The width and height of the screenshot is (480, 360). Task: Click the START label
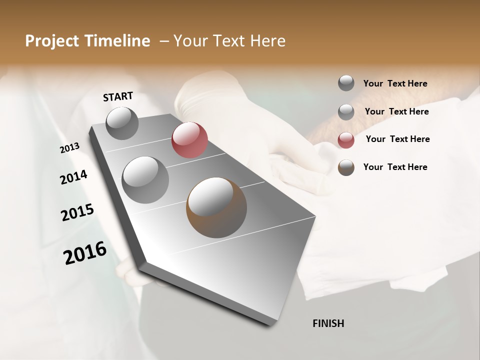(118, 96)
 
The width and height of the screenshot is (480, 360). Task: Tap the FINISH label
(328, 323)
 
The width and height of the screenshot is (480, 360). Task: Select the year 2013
(70, 148)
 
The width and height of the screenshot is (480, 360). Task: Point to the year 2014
(73, 177)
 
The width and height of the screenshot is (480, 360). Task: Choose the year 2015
(77, 212)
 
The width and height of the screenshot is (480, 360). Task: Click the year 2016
(85, 252)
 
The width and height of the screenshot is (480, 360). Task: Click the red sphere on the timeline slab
(189, 139)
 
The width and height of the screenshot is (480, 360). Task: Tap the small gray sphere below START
(122, 123)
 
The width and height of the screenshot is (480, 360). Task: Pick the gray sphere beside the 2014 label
(145, 180)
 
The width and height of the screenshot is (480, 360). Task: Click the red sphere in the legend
(346, 140)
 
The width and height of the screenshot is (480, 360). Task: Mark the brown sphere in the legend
(346, 167)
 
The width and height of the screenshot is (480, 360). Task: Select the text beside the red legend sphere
(397, 139)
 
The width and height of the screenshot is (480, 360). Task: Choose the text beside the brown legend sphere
(395, 167)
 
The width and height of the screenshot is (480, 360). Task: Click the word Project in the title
(51, 41)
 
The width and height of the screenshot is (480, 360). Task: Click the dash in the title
(164, 41)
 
